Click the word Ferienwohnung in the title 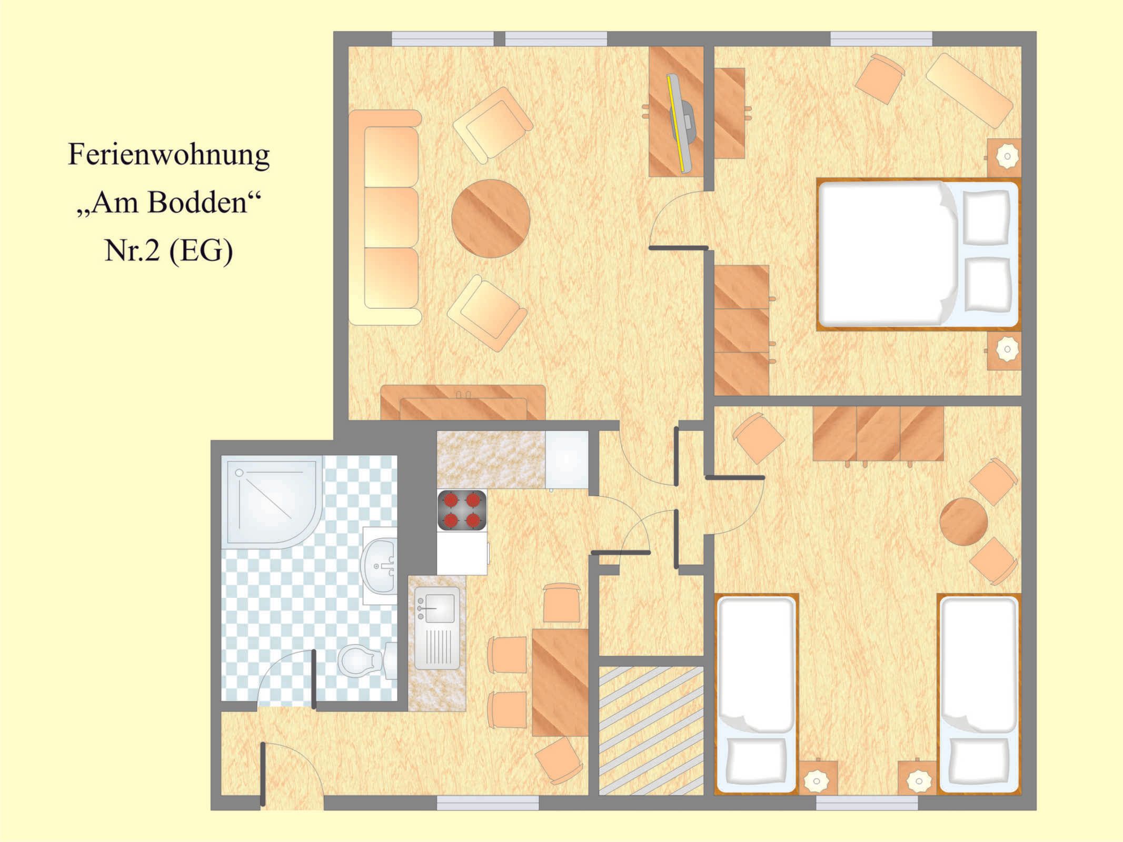(168, 155)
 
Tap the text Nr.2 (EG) (168, 250)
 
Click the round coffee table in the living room (491, 218)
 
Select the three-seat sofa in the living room (384, 217)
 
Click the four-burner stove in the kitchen (462, 510)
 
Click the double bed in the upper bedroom (918, 254)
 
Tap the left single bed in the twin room (756, 694)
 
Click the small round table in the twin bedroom (963, 522)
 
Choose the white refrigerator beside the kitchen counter (567, 460)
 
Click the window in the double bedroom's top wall (881, 39)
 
